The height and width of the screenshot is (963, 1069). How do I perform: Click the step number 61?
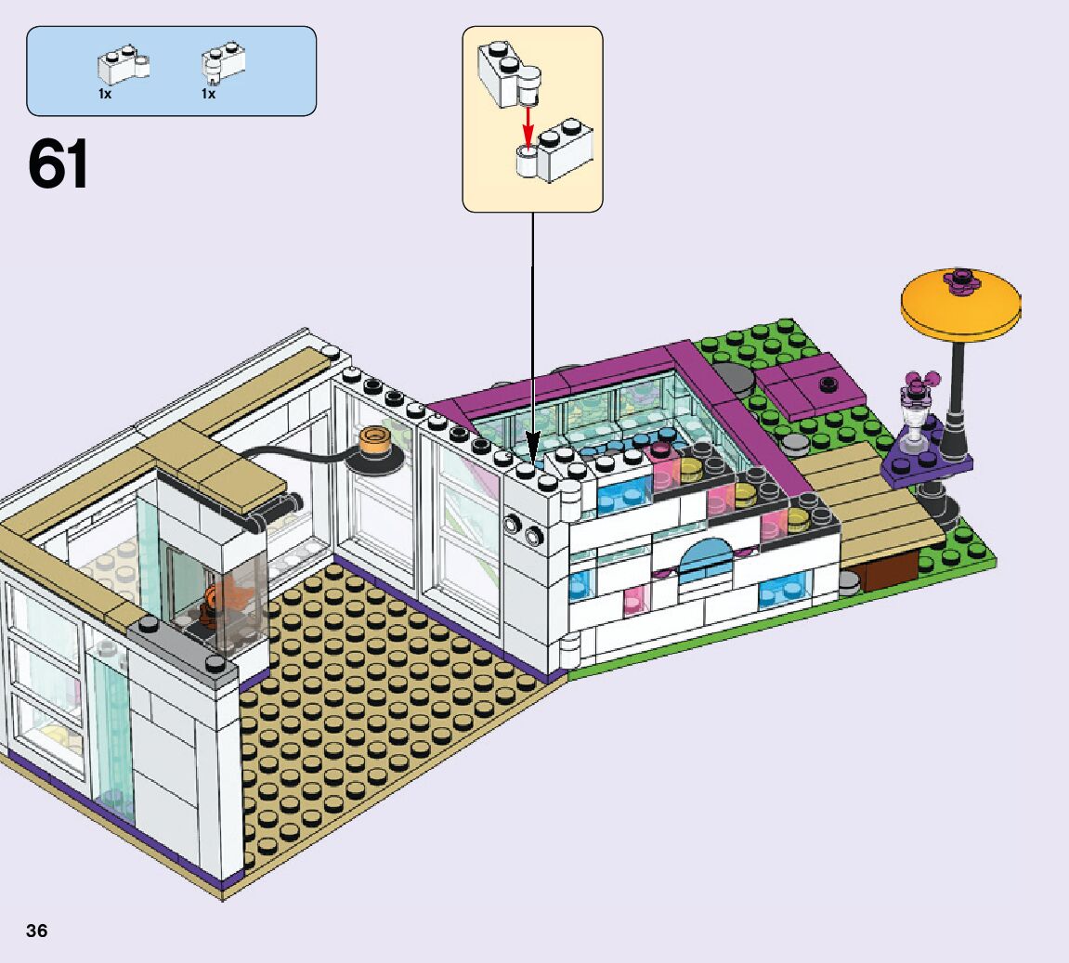pyautogui.click(x=59, y=165)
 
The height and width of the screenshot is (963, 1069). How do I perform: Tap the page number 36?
pyautogui.click(x=37, y=930)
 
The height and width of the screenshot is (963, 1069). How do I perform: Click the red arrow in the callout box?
pyautogui.click(x=529, y=121)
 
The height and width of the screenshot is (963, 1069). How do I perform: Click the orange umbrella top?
pyautogui.click(x=960, y=303)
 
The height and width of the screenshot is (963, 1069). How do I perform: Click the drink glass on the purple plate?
pyautogui.click(x=916, y=421)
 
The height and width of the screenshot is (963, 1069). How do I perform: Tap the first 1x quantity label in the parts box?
pyautogui.click(x=104, y=94)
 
